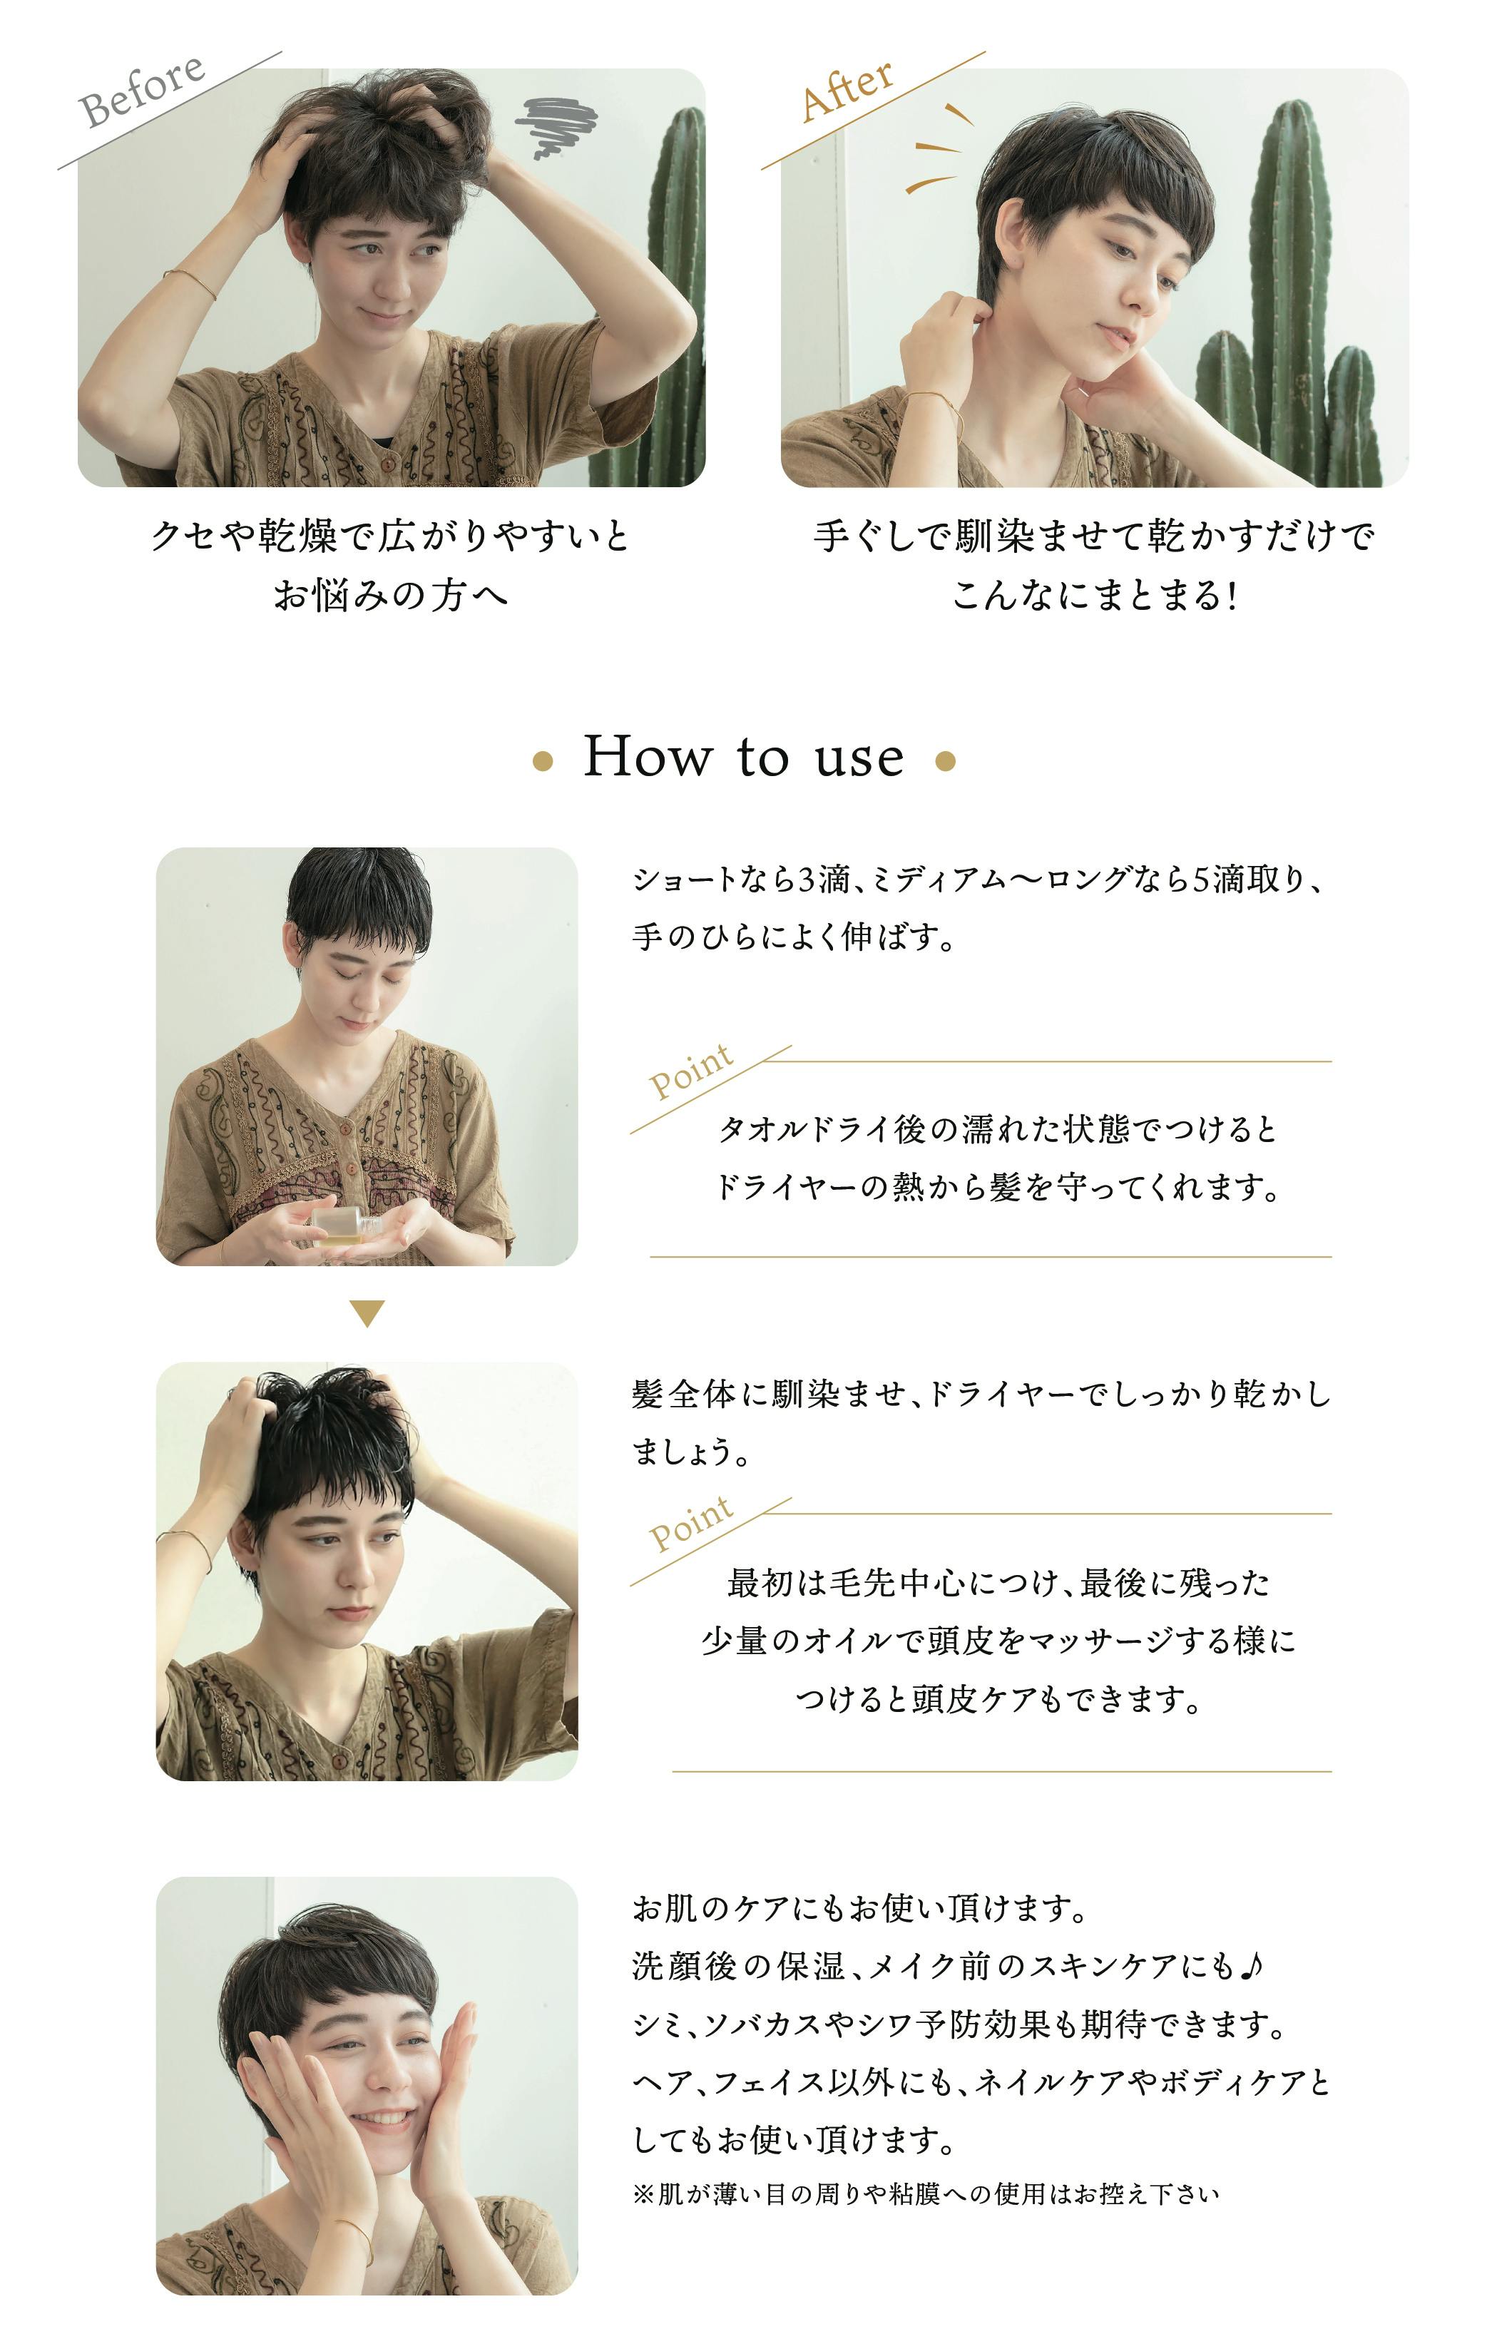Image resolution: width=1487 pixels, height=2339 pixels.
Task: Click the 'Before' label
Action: [x=142, y=91]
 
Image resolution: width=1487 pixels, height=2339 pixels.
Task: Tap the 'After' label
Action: [x=847, y=89]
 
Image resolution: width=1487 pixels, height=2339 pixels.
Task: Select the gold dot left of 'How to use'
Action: [x=543, y=762]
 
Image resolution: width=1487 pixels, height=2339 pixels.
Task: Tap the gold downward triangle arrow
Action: [x=367, y=1313]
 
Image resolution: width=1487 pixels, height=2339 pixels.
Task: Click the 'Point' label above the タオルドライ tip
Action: [x=690, y=1071]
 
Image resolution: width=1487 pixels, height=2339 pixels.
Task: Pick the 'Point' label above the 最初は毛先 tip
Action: [x=690, y=1524]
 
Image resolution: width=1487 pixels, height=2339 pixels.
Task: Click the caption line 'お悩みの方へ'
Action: [x=390, y=594]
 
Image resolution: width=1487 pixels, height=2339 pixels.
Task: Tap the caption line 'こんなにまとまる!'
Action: [x=1093, y=594]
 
